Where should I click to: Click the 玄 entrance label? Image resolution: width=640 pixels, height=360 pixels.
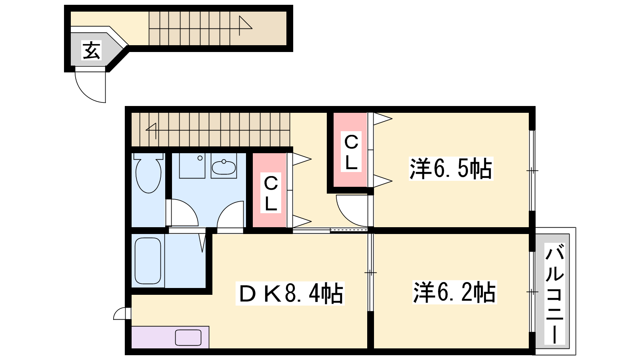[92, 50]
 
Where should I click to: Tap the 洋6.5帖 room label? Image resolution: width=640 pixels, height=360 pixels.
[451, 168]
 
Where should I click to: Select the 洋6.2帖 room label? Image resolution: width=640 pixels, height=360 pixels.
[454, 292]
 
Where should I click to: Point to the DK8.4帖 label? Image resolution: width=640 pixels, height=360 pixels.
[290, 293]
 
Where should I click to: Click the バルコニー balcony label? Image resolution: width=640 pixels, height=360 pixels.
[554, 293]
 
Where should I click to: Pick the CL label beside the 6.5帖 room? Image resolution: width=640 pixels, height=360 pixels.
[351, 152]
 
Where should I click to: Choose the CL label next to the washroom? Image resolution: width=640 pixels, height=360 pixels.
[270, 192]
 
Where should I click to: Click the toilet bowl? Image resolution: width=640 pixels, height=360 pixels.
[148, 173]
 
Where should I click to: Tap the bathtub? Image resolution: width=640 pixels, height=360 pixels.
[148, 261]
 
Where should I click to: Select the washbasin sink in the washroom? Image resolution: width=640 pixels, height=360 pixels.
[224, 166]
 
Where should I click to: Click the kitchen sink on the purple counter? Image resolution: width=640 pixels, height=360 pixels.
[188, 338]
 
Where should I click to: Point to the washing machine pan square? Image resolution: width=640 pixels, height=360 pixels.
[192, 166]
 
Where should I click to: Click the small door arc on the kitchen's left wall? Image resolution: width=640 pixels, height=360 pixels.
[120, 313]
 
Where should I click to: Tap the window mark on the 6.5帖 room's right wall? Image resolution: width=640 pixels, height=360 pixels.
[532, 170]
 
